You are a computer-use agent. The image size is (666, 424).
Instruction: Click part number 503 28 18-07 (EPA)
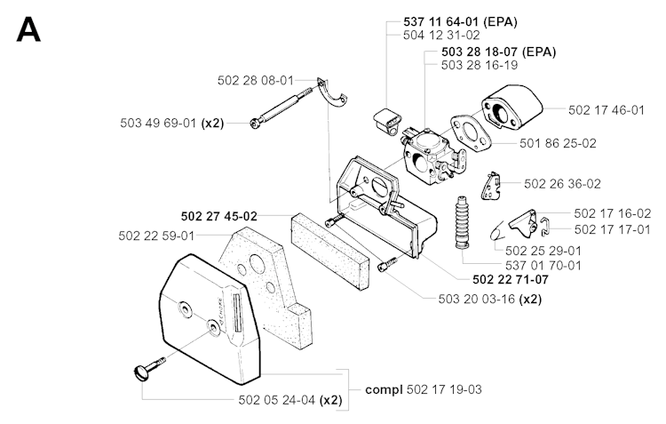click(498, 52)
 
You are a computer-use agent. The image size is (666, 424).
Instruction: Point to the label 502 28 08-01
click(257, 80)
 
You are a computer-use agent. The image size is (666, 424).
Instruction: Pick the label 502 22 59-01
click(155, 236)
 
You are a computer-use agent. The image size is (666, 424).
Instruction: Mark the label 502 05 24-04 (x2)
click(290, 401)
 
